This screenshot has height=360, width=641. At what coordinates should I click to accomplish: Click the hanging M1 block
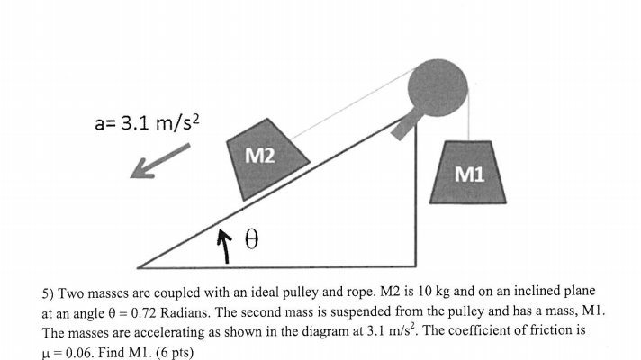tap(467, 172)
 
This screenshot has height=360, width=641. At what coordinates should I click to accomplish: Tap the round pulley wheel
tap(438, 86)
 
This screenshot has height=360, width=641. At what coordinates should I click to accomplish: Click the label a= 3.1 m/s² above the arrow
tap(144, 122)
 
